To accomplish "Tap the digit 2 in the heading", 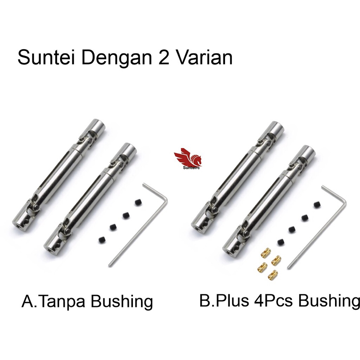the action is pyautogui.click(x=165, y=57).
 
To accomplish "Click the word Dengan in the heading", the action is pyautogui.click(x=117, y=59).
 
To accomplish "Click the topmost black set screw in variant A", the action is pyautogui.click(x=138, y=202).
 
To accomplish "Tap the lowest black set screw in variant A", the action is pyautogui.click(x=102, y=240).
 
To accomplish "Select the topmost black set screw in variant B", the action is pyautogui.click(x=317, y=205).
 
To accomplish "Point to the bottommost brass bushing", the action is pyautogui.click(x=272, y=274).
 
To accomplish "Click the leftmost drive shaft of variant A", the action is pyautogui.click(x=59, y=175).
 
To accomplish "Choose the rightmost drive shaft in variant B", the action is pyautogui.click(x=269, y=201).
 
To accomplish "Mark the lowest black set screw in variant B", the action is pyautogui.click(x=281, y=242).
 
